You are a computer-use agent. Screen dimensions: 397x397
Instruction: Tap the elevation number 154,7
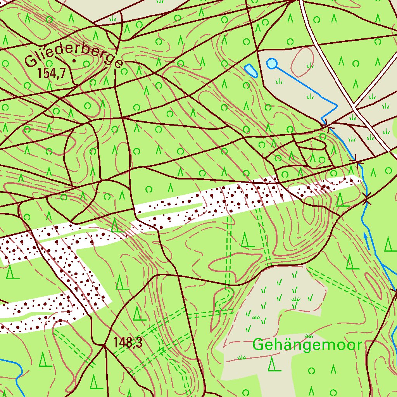(51, 72)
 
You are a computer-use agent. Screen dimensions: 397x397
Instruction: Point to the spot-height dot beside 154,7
(74, 61)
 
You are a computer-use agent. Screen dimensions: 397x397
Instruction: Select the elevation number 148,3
(128, 343)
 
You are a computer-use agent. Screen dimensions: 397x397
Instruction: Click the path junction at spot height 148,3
(104, 345)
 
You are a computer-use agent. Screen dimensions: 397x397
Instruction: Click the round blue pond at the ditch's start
(272, 63)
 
